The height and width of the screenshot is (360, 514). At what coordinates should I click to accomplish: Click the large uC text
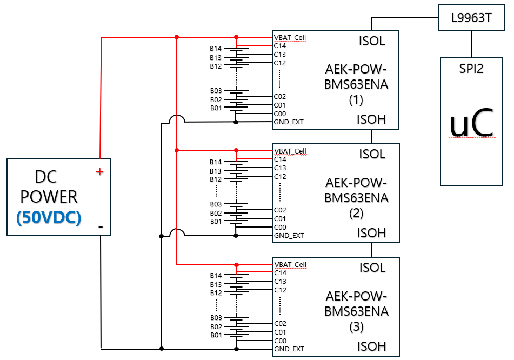point(472,124)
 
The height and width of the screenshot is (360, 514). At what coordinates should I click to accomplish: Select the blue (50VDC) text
point(49,217)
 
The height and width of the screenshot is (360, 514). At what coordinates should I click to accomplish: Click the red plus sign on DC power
point(99,172)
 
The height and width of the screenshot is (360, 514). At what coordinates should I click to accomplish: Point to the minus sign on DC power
point(101,226)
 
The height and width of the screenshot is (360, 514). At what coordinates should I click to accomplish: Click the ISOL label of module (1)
point(372,41)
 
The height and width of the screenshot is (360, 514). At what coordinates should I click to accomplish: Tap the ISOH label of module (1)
point(372,119)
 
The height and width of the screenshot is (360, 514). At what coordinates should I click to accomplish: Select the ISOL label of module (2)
point(372,154)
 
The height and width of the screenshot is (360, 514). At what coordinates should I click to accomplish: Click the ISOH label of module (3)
point(372,346)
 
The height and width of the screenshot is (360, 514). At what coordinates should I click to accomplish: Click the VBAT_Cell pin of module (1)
point(290,38)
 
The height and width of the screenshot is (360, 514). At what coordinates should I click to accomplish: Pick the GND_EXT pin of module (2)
point(289,236)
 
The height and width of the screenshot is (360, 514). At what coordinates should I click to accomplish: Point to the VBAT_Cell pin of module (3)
point(290,265)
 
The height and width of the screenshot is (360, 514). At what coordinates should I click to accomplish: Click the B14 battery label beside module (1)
point(216,49)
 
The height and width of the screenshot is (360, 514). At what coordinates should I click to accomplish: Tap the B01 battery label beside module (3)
point(216,335)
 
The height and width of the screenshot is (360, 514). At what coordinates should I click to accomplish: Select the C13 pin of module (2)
point(279,168)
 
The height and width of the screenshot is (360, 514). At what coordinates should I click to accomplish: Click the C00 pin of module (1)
point(279,114)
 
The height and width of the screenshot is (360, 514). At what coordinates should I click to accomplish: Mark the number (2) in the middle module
point(356,213)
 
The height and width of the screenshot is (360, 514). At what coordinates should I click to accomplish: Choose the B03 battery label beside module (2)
point(216,204)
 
